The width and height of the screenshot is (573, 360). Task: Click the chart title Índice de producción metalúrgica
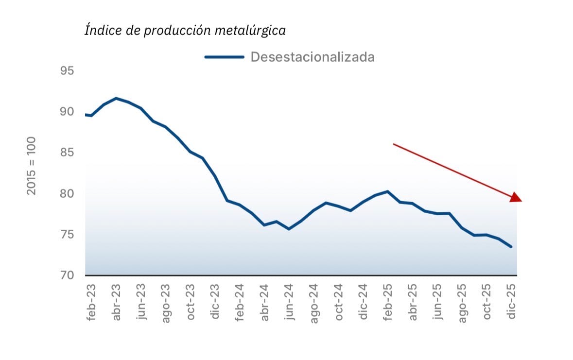tap(185, 31)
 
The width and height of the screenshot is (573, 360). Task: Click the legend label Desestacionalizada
tap(313, 57)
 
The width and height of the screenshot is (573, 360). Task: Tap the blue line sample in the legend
tap(224, 57)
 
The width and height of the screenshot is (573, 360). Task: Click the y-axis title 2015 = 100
tap(32, 166)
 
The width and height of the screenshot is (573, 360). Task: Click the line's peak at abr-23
tap(116, 98)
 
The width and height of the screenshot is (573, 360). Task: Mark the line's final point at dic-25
tap(511, 247)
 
